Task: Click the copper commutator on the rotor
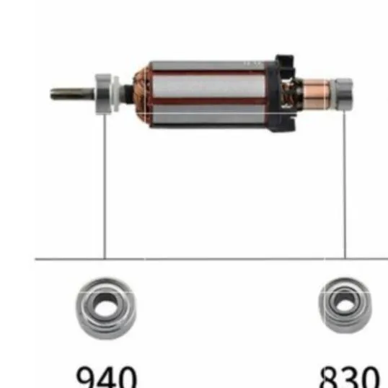316,94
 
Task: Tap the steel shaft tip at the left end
53,94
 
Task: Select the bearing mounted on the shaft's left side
103,94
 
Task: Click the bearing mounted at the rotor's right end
343,94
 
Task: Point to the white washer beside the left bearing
115,93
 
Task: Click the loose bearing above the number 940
106,309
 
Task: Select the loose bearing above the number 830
345,305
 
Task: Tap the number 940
107,377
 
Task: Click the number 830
349,377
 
